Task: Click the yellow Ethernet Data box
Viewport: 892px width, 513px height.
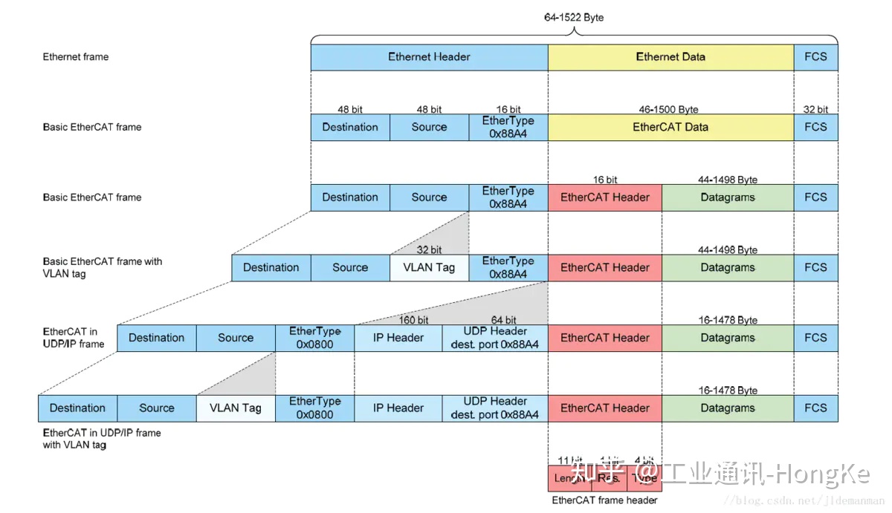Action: pyautogui.click(x=670, y=57)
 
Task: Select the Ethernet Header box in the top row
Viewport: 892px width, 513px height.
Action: pyautogui.click(x=429, y=57)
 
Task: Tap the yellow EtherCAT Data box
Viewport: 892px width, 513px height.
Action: pyautogui.click(x=670, y=127)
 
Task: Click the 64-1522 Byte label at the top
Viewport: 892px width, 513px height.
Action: pyautogui.click(x=574, y=17)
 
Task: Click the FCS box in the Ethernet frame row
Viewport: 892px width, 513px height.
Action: pyautogui.click(x=815, y=57)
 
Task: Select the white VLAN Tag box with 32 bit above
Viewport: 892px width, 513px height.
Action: pyautogui.click(x=429, y=268)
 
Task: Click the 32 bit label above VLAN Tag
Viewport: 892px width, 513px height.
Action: pyautogui.click(x=429, y=250)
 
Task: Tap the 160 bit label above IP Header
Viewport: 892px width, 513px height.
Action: pyautogui.click(x=413, y=321)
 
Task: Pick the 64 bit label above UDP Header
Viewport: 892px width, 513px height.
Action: pyautogui.click(x=503, y=321)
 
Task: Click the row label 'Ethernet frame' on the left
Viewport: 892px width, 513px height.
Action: pyautogui.click(x=76, y=57)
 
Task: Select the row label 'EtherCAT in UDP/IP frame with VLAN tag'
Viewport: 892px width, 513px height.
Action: pyautogui.click(x=101, y=439)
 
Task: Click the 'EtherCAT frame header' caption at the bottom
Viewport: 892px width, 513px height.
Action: pyautogui.click(x=604, y=500)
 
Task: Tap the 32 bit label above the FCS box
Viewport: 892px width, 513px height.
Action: pyautogui.click(x=815, y=110)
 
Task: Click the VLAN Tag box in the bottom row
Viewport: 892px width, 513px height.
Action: pyautogui.click(x=236, y=408)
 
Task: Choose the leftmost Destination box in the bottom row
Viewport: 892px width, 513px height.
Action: pyautogui.click(x=77, y=408)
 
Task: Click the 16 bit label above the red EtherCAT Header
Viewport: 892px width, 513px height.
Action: pyautogui.click(x=605, y=180)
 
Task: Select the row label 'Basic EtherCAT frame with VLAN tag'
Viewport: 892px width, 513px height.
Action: pyautogui.click(x=103, y=267)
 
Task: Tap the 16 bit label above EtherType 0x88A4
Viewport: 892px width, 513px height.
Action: pyautogui.click(x=508, y=110)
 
